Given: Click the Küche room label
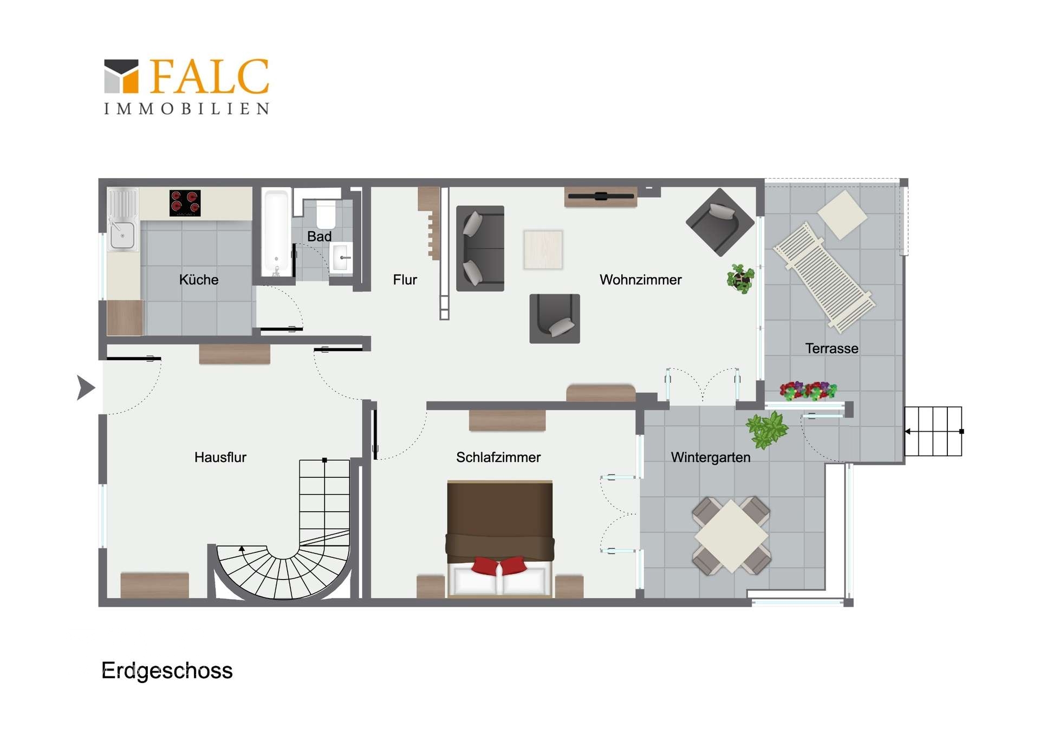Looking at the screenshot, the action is click(199, 279).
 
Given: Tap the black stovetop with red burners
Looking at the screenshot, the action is click(185, 203).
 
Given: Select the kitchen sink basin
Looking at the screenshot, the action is click(122, 236).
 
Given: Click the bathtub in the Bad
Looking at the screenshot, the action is click(276, 232).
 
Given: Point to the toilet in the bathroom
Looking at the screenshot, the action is click(326, 214).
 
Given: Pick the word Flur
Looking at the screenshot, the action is click(405, 279).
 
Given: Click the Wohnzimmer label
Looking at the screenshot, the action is click(640, 279).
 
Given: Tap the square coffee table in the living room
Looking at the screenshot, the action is click(543, 250).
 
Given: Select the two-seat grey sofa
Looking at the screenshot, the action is click(480, 248).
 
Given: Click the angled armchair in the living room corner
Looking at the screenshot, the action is click(720, 222).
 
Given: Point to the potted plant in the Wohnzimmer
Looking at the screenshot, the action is click(740, 278).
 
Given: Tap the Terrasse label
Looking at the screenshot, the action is click(831, 348).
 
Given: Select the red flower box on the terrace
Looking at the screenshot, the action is click(808, 391).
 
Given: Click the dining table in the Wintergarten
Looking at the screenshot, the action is click(731, 536).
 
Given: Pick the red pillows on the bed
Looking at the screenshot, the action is click(499, 566).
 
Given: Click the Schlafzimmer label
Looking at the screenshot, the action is click(498, 457).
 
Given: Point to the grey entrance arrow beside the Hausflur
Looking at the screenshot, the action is click(86, 387).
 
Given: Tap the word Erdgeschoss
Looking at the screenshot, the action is click(167, 671).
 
